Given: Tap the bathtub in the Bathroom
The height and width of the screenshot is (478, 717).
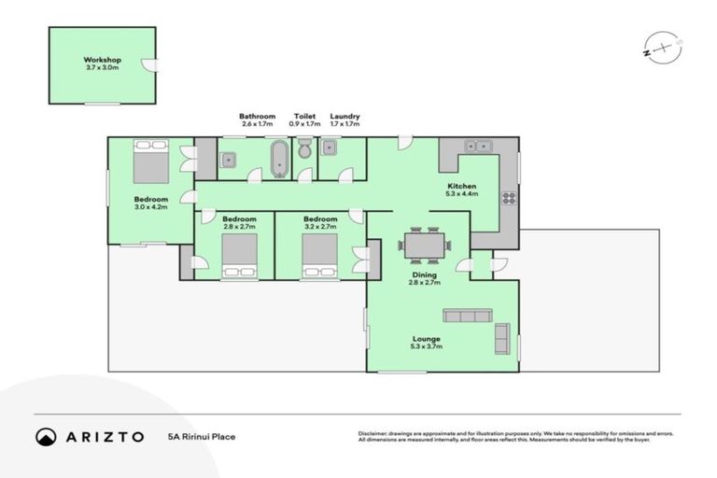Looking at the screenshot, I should click(278, 158).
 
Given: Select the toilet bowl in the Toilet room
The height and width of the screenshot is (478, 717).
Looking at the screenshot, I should click(304, 151).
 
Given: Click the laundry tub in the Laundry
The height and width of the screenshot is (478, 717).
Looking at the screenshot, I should click(330, 148).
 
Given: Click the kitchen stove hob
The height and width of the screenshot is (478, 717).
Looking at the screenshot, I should click(509, 197).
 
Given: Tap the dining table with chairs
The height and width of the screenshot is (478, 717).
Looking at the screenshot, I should click(425, 245).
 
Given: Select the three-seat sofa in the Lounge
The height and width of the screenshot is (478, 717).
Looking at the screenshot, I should click(468, 316).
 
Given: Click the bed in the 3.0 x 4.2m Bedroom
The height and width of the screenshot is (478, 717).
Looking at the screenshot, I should click(150, 162).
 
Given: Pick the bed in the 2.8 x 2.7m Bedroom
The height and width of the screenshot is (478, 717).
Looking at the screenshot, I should click(239, 255).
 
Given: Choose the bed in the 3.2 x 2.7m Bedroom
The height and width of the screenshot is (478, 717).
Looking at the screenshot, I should click(320, 255).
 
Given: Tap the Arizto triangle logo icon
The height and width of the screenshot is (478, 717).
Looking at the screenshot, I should click(46, 436).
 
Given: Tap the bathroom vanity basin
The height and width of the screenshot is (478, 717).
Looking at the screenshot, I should click(229, 159).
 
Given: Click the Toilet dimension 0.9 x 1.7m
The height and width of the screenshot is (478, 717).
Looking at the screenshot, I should click(305, 123).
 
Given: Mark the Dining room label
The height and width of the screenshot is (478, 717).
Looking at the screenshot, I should click(425, 275).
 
